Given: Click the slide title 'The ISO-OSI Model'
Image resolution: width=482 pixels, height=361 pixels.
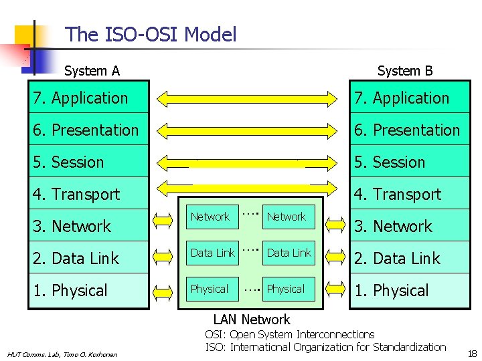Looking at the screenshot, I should [x=151, y=34].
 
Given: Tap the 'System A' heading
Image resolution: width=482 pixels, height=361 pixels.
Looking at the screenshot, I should [x=92, y=71].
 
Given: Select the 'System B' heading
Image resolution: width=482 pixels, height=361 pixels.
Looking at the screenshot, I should [x=405, y=71].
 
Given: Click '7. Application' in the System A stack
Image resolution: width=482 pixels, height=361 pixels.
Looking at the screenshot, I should [x=80, y=98].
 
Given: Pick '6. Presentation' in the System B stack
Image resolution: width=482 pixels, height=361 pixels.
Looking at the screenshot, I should [x=407, y=130].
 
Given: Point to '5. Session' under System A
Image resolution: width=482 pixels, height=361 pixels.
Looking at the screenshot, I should [x=68, y=162].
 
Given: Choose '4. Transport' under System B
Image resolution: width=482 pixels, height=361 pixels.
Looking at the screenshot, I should [x=398, y=195].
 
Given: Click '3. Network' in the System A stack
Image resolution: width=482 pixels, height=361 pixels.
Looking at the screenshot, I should [x=72, y=227].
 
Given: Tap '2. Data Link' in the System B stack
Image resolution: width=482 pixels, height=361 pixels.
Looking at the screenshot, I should [x=398, y=259].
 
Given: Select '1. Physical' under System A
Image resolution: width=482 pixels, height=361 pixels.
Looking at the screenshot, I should [x=70, y=291].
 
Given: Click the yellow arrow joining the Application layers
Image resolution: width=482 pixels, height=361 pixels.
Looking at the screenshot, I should [x=249, y=99].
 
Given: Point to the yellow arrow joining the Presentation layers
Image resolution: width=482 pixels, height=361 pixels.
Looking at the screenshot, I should [x=249, y=131].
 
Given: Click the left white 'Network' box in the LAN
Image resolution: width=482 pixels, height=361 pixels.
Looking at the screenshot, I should [x=210, y=217].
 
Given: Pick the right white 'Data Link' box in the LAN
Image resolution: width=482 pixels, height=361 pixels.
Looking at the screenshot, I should [x=289, y=252].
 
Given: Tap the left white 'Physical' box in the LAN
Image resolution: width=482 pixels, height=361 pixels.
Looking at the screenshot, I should [x=210, y=289].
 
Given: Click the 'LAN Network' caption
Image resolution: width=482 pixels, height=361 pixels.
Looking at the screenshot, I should [x=252, y=320].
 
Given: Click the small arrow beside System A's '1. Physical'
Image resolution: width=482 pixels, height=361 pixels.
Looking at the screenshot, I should [x=164, y=291].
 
